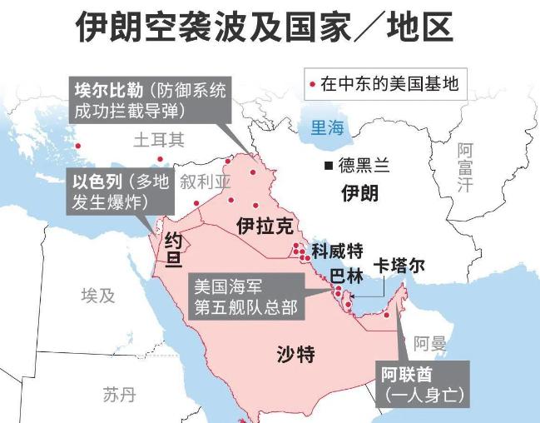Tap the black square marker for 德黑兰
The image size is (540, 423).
click(329, 165)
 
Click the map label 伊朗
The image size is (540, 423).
click(359, 193)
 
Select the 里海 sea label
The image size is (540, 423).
click(327, 128)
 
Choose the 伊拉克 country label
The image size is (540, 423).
click(265, 226)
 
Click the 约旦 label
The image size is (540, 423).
click(173, 251)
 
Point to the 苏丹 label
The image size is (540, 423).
click(119, 394)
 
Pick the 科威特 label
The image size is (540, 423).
click(337, 250)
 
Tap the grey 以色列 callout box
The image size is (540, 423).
click(120, 192)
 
